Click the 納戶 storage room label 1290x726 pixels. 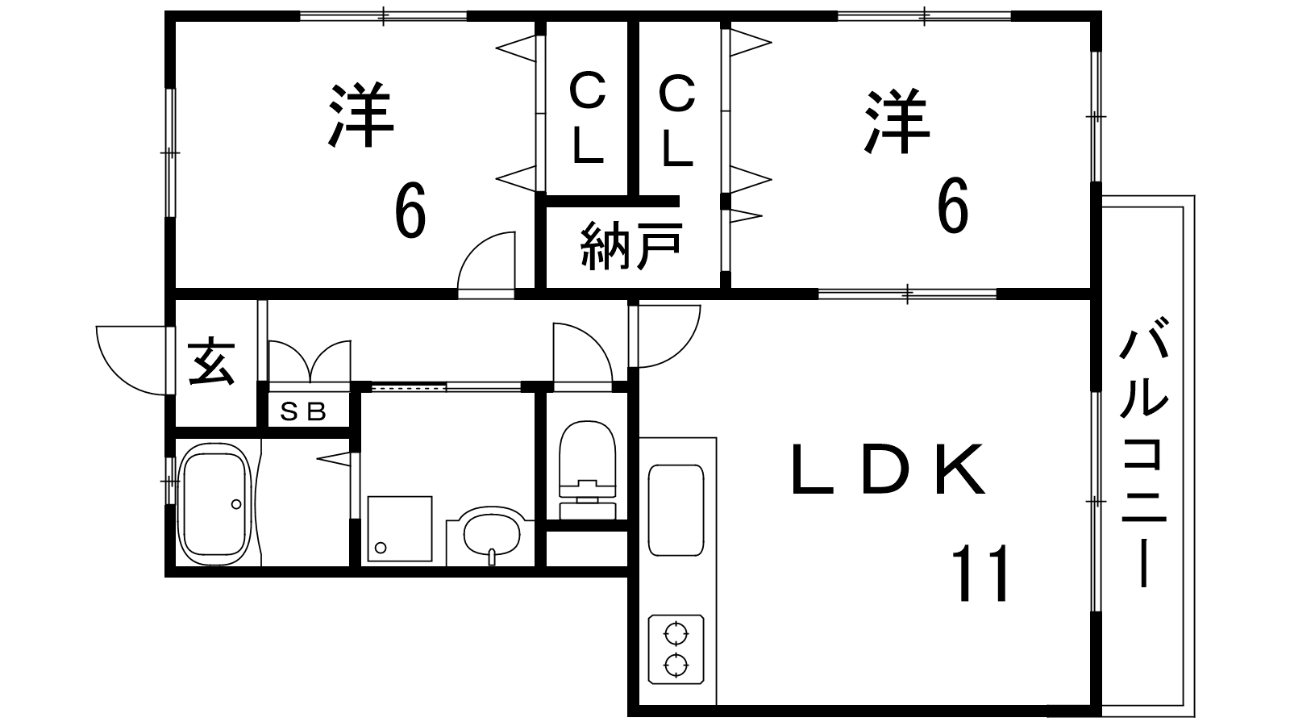[631, 246]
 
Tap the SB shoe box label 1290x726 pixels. [303, 411]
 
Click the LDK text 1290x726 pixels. [888, 469]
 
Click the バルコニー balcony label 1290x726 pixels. [1144, 459]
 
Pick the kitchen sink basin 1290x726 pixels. [676, 510]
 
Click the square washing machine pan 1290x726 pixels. [400, 528]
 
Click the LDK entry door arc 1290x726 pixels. [683, 349]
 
